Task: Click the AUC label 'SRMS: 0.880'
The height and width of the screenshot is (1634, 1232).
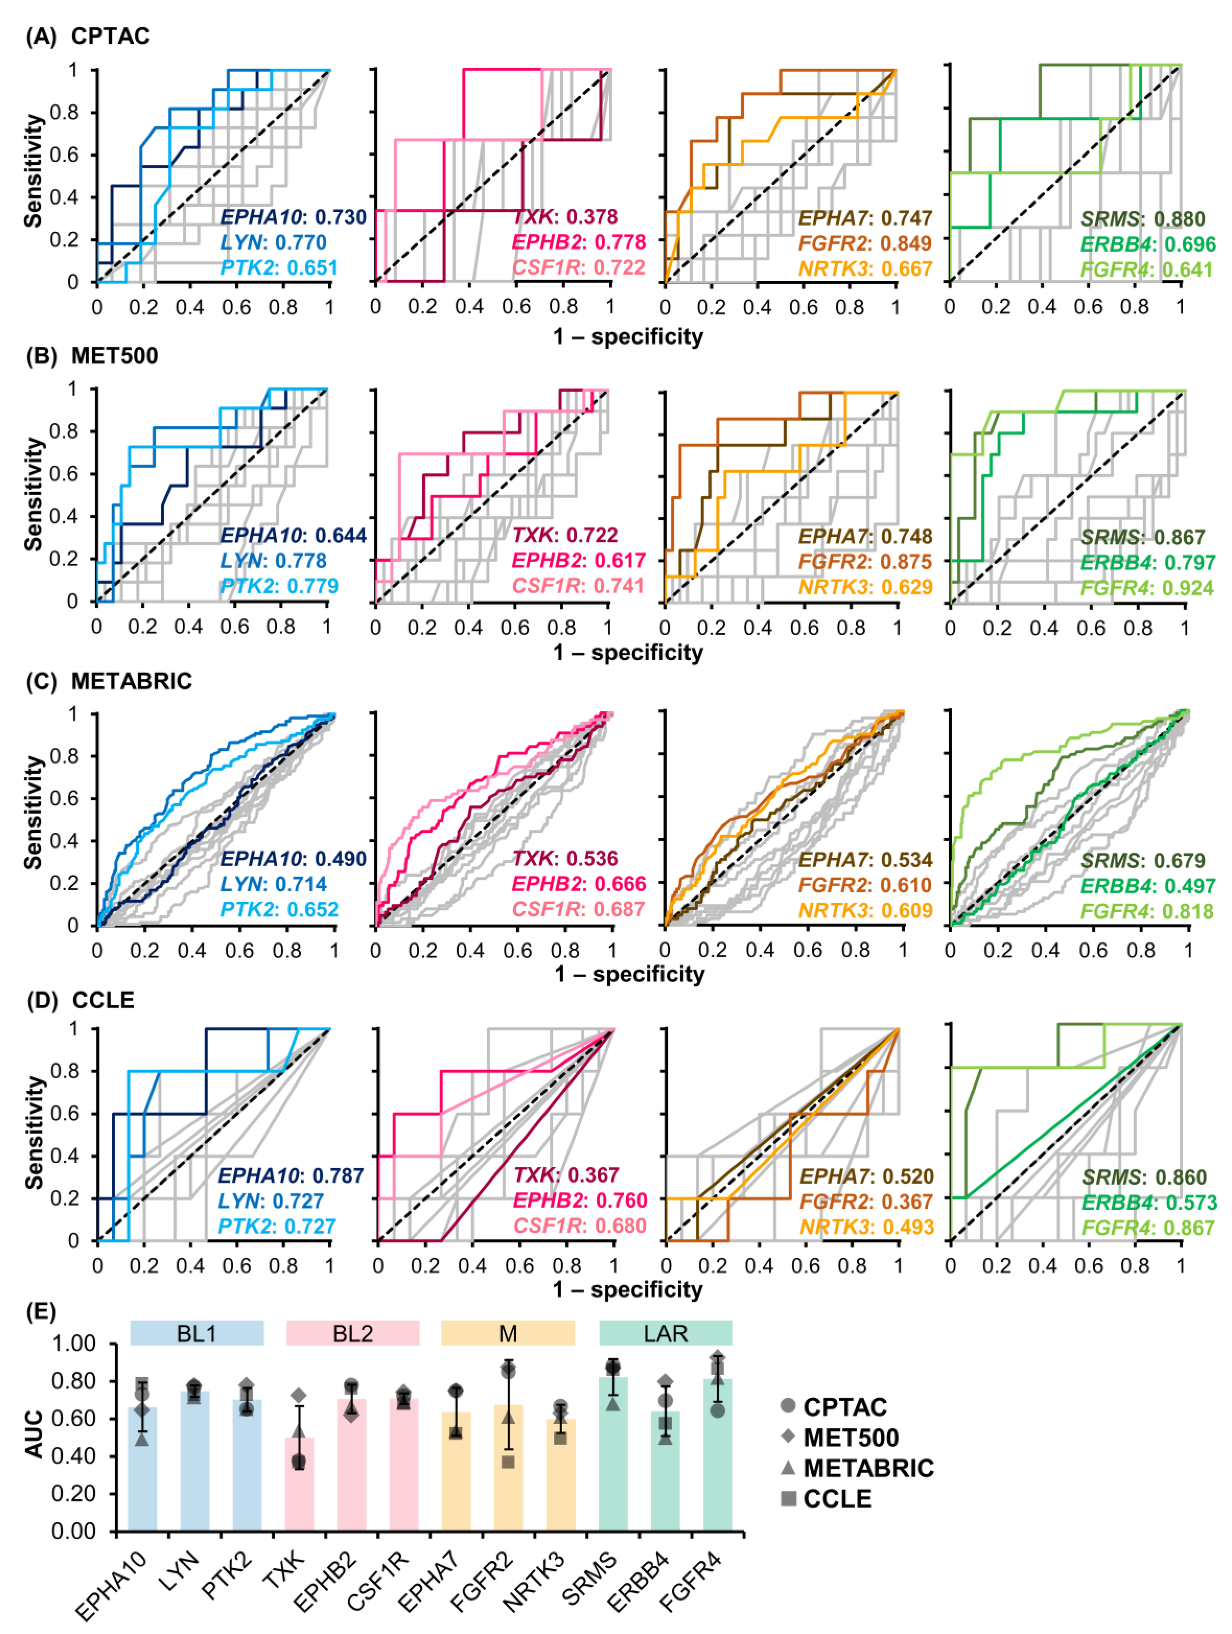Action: point(1143,219)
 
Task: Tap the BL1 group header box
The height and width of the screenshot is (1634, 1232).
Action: point(197,1333)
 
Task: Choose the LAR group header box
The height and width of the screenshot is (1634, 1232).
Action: point(665,1333)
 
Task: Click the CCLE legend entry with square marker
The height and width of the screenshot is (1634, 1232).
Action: point(828,1499)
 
